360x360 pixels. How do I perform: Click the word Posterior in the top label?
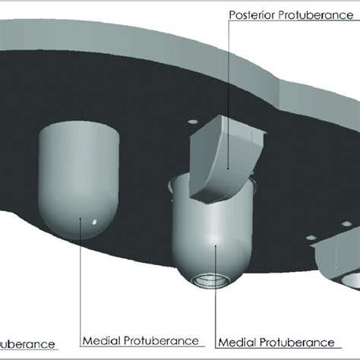pyautogui.click(x=253, y=15)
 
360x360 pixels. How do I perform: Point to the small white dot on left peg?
pyautogui.click(x=93, y=222)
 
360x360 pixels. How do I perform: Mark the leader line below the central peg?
pyautogui.click(x=216, y=296)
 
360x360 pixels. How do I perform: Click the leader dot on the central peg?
pyautogui.click(x=216, y=245)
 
